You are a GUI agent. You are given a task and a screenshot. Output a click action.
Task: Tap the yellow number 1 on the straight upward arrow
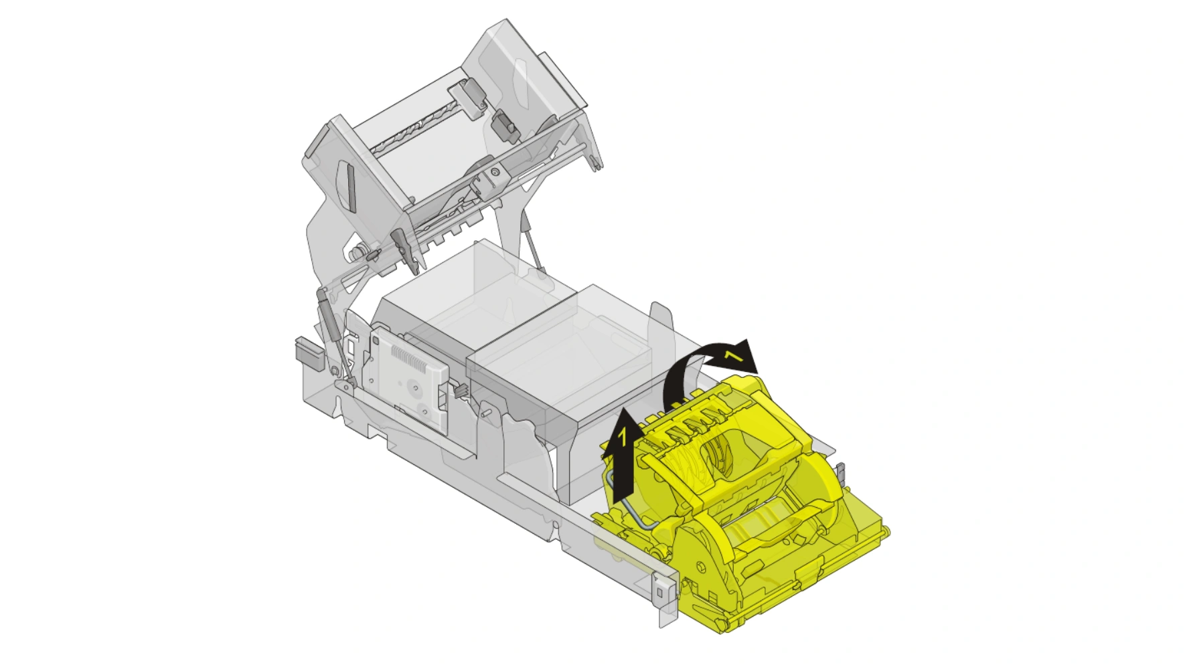pos(622,438)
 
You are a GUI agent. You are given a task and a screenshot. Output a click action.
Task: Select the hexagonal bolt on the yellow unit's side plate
pos(701,567)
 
